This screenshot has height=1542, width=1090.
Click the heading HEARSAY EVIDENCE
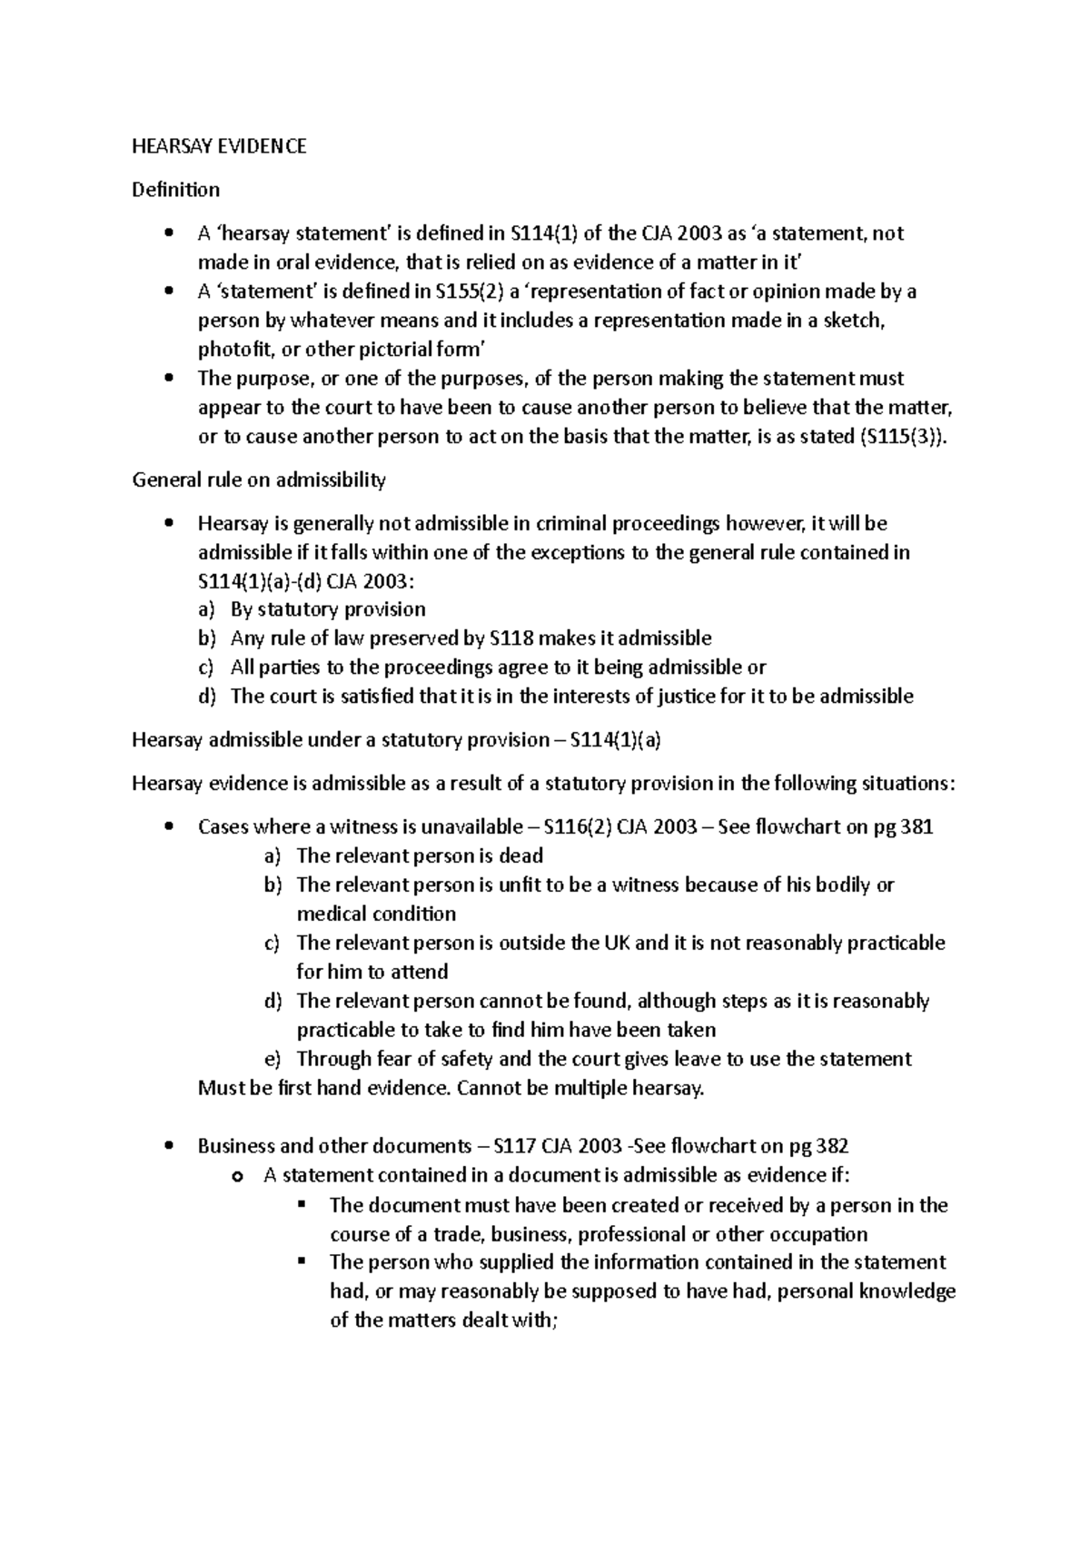click(x=219, y=146)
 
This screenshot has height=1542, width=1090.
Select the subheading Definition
click(x=175, y=190)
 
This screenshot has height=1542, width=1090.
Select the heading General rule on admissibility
click(x=259, y=479)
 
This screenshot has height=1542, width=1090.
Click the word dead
click(x=522, y=856)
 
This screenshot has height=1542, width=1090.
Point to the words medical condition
click(x=376, y=914)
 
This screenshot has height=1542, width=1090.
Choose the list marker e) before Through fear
click(x=273, y=1059)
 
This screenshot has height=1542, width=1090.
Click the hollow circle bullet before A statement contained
click(x=238, y=1177)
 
